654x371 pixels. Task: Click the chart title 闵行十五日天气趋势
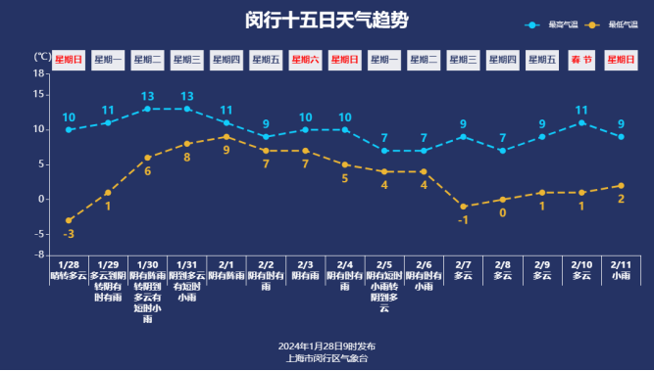(327, 21)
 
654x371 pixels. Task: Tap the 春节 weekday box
(581, 60)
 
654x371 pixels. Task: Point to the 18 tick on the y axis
(39, 72)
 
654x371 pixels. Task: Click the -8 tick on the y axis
(39, 255)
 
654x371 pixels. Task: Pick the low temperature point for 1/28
(69, 220)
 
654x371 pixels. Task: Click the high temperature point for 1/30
(147, 109)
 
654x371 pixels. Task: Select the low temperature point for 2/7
(463, 207)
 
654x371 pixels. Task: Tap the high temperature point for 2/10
(581, 122)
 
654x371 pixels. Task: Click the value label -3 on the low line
(69, 235)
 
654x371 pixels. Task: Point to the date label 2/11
(621, 264)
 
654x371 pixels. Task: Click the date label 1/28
(69, 264)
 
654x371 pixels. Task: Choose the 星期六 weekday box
(305, 60)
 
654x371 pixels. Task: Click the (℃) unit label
(43, 57)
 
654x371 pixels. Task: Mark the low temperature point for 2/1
(226, 136)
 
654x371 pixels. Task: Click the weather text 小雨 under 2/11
(621, 277)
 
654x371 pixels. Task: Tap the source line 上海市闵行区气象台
(327, 358)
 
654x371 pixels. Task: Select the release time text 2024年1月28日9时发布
(327, 347)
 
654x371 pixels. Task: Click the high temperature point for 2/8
(502, 151)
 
